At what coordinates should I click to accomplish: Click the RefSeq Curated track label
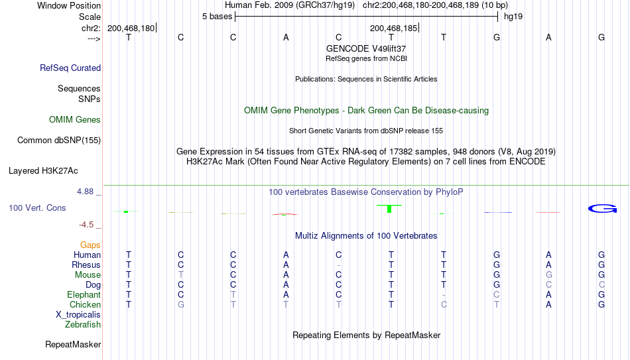pos(70,68)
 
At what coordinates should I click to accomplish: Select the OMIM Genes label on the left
pos(75,120)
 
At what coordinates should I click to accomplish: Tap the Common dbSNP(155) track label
pos(59,141)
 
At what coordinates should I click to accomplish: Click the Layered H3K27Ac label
pos(43,171)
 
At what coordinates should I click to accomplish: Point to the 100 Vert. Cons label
pos(37,208)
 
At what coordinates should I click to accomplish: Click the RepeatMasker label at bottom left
pos(73,344)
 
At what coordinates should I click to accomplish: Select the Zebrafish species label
pos(83,324)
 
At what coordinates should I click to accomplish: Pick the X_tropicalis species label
pos(78,315)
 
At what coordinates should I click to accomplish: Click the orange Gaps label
pos(90,245)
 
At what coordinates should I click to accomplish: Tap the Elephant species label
pos(84,294)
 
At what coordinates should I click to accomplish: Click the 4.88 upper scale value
pos(85,192)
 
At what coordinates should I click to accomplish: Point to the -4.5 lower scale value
pos(86,225)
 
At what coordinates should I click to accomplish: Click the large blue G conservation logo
pos(602,209)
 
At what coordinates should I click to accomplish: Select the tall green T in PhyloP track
pos(389,209)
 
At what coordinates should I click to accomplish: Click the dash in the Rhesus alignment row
pos(339,265)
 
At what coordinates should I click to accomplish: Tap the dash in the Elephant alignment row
pos(444,295)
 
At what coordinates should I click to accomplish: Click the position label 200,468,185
pos(393,28)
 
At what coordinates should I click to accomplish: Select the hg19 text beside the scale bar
pos(513,17)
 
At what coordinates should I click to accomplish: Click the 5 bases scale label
pos(217,17)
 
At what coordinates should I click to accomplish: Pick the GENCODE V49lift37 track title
pos(366,48)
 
